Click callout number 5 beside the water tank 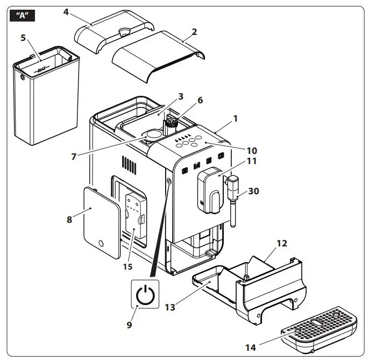(x=23, y=38)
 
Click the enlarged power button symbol (x=145, y=295)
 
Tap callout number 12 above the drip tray (x=281, y=243)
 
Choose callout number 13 (x=170, y=307)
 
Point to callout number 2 (x=194, y=31)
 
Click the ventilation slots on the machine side (x=127, y=164)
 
